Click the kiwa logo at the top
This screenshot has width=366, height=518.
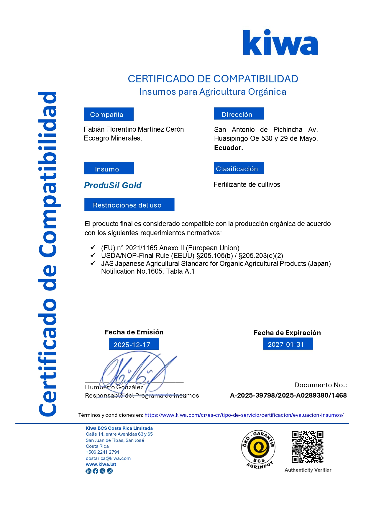pos(280,43)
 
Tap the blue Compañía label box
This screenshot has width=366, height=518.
pos(109,114)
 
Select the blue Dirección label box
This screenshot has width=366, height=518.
pos(239,114)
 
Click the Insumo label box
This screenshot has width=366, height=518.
pos(109,169)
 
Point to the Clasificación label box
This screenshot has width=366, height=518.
pos(239,168)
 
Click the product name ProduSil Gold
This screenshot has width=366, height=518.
pos(113,185)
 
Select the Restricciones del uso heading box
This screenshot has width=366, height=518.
pos(129,205)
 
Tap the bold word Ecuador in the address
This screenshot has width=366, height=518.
pos(228,148)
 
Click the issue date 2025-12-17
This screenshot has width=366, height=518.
pos(134,344)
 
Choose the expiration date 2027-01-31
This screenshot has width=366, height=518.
pos(288,344)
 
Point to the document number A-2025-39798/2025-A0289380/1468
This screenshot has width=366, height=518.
pos(288,396)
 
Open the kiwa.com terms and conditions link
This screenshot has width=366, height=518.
pos(244,415)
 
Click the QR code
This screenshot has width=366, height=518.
pos(307,447)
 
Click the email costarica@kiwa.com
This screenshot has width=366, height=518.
pos(108,458)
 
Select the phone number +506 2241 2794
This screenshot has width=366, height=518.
pos(102,452)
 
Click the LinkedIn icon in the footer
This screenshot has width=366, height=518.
pos(88,471)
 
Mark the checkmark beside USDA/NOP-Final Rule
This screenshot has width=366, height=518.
pos(93,255)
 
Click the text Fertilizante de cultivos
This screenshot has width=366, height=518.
pos(247,185)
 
